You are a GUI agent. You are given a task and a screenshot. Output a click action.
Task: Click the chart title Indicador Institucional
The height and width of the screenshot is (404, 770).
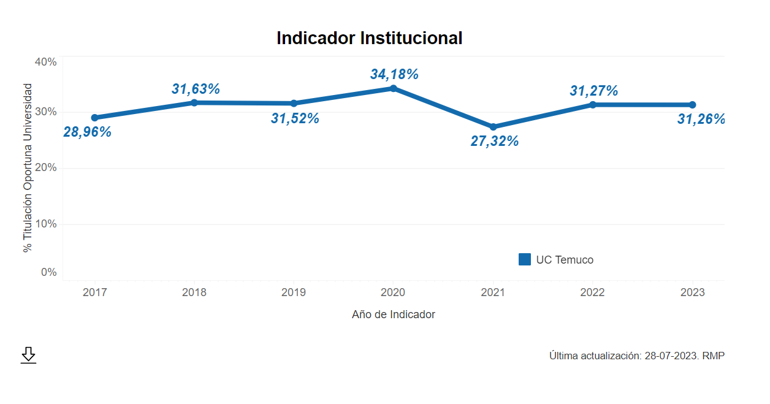(369, 38)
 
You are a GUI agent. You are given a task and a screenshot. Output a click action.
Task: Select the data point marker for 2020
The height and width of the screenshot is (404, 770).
(394, 88)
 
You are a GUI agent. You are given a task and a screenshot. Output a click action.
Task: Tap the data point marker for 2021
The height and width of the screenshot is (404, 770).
(493, 127)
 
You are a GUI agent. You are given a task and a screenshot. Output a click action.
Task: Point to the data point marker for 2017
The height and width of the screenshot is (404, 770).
(94, 118)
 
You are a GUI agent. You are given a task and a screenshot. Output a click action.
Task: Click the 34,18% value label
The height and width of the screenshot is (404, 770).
(394, 74)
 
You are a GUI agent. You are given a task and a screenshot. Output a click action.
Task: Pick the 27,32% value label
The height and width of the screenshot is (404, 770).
(494, 141)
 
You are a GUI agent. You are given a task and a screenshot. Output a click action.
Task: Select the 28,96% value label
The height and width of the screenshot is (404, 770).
(87, 132)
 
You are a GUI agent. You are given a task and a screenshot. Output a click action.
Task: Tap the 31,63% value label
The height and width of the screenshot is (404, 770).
(196, 89)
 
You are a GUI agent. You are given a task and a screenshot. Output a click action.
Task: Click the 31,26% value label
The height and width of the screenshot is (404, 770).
(701, 119)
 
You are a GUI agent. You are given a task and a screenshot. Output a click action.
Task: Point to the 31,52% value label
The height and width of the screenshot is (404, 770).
(295, 118)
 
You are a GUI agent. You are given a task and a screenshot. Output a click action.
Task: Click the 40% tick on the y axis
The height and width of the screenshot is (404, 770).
(45, 62)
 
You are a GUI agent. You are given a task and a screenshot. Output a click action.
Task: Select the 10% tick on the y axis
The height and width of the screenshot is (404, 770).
(45, 224)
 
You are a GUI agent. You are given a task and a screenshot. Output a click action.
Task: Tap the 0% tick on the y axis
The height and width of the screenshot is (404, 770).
(48, 272)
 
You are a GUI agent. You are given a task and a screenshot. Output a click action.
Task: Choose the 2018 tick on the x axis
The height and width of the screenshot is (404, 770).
(194, 292)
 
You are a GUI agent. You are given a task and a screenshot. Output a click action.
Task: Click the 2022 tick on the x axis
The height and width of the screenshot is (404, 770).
(592, 292)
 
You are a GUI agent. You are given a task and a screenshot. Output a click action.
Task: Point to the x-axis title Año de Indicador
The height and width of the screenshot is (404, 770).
(394, 314)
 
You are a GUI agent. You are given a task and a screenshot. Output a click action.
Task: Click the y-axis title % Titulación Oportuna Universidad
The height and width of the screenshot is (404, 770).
(27, 168)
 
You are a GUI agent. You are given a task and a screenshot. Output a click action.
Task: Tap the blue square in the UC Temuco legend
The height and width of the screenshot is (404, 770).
(525, 259)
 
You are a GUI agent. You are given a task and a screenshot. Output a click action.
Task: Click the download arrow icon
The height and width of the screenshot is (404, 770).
(28, 355)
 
